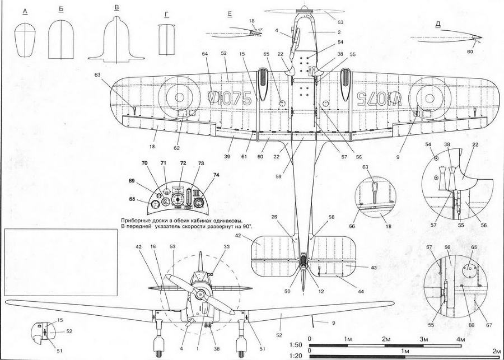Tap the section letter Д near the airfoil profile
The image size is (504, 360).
point(437,24)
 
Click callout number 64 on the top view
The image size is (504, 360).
point(205,54)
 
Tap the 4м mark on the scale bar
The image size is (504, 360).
point(460,340)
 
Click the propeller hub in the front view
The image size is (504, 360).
point(200,295)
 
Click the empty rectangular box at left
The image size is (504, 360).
point(60,262)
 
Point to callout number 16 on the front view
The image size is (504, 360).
point(153,246)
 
